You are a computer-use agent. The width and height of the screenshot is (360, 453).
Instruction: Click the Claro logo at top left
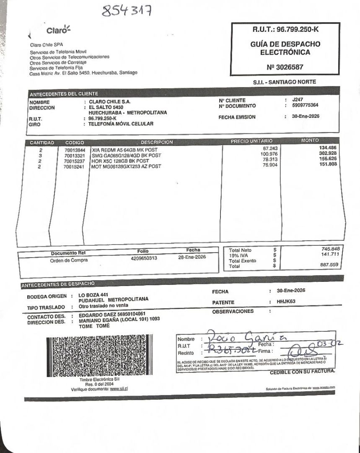[x=58, y=30]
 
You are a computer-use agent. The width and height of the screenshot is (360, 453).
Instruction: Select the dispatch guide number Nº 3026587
[x=285, y=67]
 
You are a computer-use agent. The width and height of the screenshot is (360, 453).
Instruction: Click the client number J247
[x=297, y=100]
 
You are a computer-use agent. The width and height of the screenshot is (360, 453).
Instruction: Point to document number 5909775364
[x=305, y=106]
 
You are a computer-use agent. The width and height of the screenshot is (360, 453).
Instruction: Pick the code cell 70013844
[x=75, y=150]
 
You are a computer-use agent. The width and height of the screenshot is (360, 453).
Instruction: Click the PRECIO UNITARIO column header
[x=251, y=141]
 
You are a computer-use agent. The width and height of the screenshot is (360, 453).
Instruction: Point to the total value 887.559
[x=331, y=265]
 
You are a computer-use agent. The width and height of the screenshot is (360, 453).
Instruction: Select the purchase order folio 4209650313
[x=144, y=258]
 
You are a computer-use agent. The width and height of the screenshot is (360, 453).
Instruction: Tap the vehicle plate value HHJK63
[x=286, y=302]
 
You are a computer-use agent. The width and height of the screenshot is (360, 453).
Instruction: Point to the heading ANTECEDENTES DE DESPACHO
[x=58, y=285]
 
